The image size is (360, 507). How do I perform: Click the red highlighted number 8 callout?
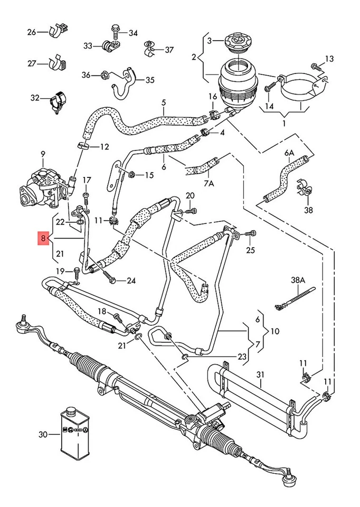tap(42, 239)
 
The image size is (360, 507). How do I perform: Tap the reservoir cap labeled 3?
tap(235, 41)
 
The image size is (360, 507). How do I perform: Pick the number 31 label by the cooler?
tap(259, 375)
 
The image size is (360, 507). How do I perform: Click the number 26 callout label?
tap(31, 32)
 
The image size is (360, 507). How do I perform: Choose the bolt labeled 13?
tap(316, 67)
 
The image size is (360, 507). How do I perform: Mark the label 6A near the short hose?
tap(289, 153)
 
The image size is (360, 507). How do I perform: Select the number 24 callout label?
tap(131, 281)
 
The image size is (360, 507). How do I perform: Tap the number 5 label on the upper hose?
tap(164, 102)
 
